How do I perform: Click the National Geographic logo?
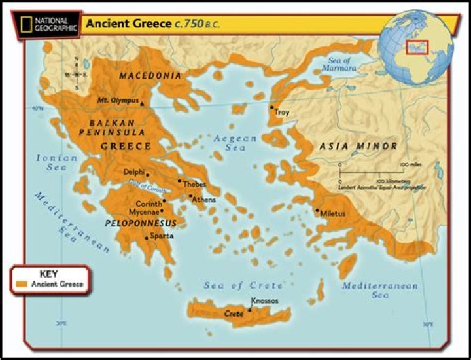tap(41, 24)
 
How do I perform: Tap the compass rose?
tap(77, 74)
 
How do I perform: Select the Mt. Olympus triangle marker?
tap(142, 103)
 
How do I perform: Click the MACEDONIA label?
tap(150, 76)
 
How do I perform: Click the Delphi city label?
tap(134, 171)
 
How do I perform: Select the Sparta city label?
tap(162, 236)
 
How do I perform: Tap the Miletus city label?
tap(332, 214)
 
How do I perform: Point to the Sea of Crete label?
tap(243, 285)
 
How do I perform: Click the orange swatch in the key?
tap(22, 285)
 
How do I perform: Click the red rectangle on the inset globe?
tap(416, 46)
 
